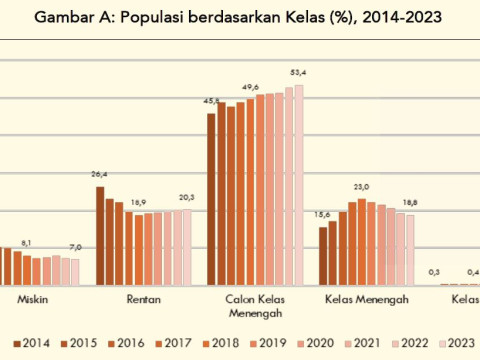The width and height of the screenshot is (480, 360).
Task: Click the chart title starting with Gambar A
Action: (240, 19)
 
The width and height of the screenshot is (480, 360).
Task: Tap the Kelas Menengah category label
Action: (366, 298)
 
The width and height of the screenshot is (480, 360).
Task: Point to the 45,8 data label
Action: (212, 102)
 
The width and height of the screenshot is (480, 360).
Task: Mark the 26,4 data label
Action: (100, 175)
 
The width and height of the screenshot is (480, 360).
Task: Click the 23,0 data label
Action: (361, 187)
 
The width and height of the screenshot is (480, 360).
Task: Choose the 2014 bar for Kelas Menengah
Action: (323, 255)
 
